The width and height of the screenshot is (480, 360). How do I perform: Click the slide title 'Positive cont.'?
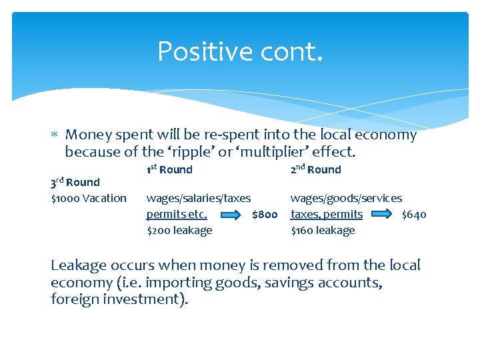[240, 52]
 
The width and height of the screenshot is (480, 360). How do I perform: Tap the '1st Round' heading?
[169, 169]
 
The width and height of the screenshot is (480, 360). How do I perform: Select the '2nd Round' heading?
[315, 169]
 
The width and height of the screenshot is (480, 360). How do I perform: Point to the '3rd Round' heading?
[75, 182]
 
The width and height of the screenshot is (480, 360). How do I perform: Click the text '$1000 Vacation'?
[89, 198]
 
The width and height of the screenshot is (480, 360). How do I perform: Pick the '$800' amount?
[265, 214]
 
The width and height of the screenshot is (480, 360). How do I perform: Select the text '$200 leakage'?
[179, 230]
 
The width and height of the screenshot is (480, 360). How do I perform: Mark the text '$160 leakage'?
[323, 230]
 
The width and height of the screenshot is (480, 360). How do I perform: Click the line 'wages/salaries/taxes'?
[199, 198]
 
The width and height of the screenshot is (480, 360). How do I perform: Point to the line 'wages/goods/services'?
[346, 198]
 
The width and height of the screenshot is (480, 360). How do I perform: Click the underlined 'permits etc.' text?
[177, 214]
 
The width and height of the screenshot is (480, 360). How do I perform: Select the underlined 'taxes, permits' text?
[327, 214]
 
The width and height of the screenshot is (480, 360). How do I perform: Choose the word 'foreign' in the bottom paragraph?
[73, 299]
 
